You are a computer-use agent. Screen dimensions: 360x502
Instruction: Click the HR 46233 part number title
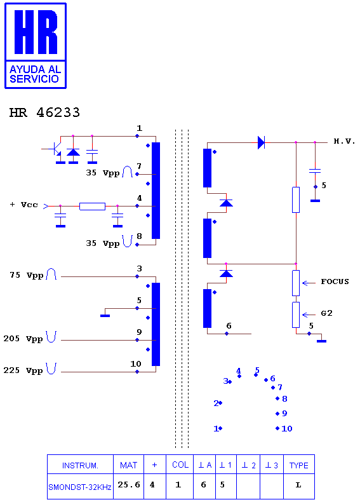[44, 112]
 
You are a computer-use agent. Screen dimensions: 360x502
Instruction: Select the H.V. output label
[344, 141]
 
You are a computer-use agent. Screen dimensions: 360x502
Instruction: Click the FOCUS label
[335, 282]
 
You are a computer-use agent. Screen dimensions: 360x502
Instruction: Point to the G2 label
[326, 313]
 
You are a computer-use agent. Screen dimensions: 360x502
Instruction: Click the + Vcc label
[24, 205]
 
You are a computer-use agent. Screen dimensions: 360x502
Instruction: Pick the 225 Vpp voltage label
[23, 370]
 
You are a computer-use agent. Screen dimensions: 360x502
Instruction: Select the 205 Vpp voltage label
[23, 339]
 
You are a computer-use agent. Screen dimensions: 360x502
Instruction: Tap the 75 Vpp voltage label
[26, 275]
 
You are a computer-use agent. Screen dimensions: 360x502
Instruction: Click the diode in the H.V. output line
[262, 142]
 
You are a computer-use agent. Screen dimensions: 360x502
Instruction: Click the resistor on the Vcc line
[92, 206]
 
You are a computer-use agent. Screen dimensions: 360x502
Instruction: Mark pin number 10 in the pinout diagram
[287, 428]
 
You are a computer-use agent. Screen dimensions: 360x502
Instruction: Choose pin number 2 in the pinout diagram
[216, 404]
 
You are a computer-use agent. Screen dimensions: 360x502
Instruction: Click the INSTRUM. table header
[80, 466]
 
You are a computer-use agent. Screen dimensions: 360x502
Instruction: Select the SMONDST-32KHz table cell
[79, 487]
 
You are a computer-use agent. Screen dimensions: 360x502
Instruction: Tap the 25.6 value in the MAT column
[129, 485]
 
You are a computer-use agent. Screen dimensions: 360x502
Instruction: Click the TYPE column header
[299, 466]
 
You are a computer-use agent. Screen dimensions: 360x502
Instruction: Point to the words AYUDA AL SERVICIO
[35, 74]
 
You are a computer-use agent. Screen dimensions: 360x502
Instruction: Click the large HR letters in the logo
[36, 32]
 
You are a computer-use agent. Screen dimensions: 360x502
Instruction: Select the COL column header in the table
[180, 465]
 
